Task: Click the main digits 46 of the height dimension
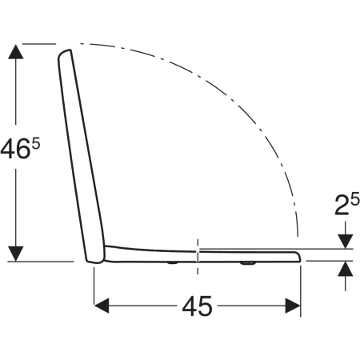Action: (x=14, y=150)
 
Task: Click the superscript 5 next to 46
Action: (x=36, y=145)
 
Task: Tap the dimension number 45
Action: (x=197, y=306)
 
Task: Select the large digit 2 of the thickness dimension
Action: (x=342, y=205)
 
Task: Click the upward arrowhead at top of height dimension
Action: (x=16, y=52)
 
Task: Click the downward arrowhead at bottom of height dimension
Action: (x=16, y=254)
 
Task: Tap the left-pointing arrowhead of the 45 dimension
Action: (x=102, y=306)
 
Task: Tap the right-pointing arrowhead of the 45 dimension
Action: (x=293, y=306)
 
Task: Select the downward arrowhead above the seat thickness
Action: (x=346, y=242)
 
